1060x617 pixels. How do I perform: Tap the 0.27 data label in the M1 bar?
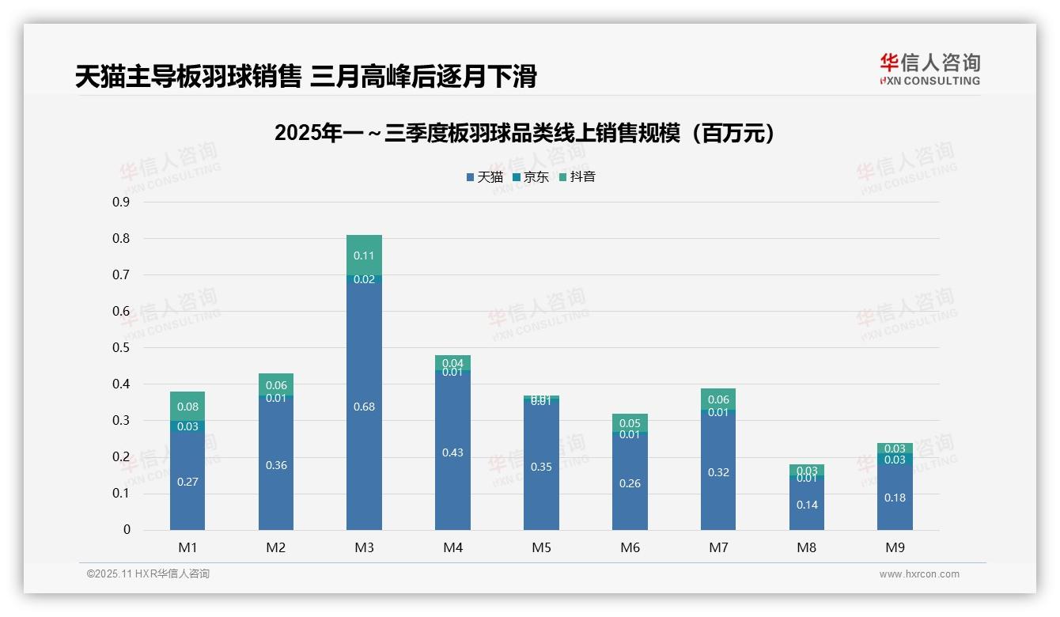[187, 482]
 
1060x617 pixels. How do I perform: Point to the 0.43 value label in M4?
[452, 452]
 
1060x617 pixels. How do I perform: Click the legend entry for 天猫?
[484, 177]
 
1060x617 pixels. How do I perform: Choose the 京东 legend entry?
[531, 177]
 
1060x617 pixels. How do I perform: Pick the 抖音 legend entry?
[577, 177]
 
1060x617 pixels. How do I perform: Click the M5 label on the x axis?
[541, 547]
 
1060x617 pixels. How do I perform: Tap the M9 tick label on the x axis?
[895, 547]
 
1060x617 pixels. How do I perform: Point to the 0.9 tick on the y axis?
[121, 202]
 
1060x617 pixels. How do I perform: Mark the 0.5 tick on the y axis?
[121, 347]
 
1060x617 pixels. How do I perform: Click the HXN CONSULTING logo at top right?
[929, 70]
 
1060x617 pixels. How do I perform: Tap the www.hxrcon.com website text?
[919, 574]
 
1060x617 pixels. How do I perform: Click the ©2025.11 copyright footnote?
[148, 574]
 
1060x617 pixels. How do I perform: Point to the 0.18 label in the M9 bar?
[895, 498]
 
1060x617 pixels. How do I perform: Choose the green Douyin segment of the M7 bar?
[718, 398]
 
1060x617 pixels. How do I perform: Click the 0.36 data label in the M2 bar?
[276, 465]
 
